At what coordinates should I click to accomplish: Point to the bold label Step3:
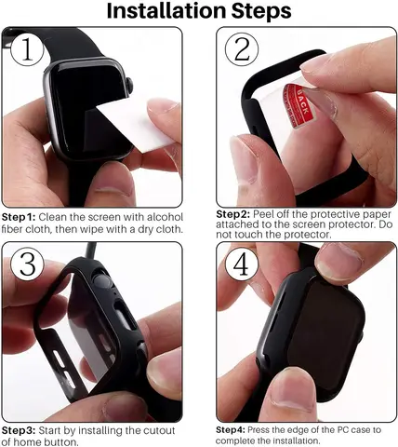[x=19, y=430]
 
